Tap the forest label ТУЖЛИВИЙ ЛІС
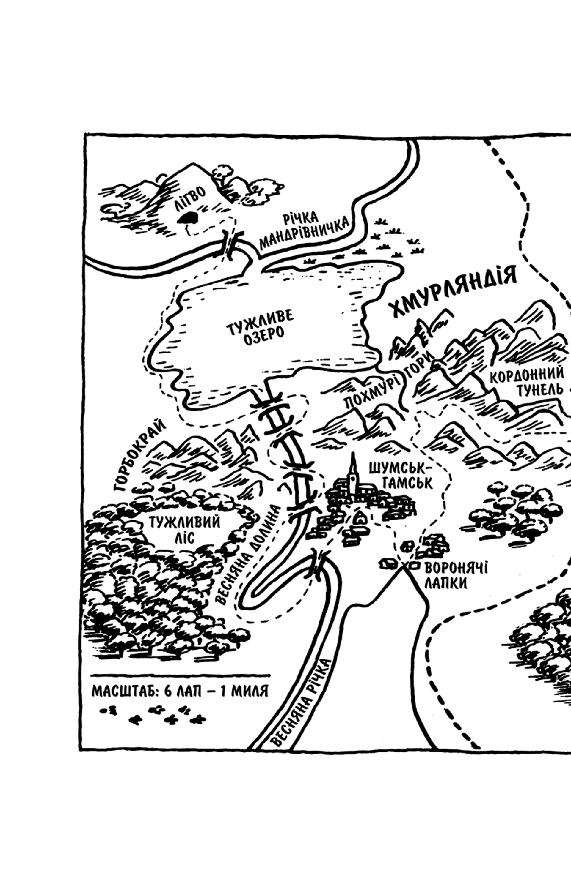click(x=184, y=530)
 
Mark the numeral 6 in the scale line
click(x=168, y=691)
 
